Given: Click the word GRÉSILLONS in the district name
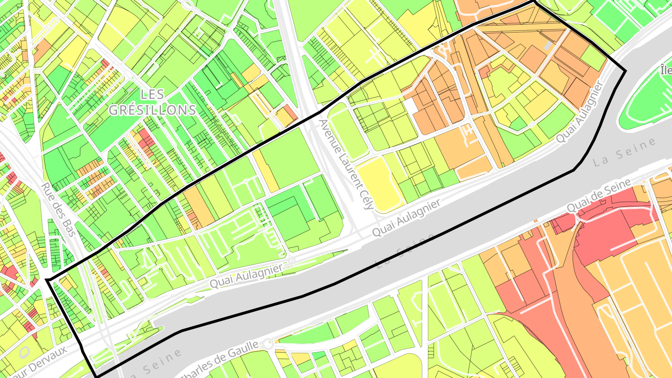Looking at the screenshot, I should [152, 110].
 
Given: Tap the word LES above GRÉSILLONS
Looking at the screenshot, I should [152, 94].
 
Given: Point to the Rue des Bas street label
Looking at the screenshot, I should [58, 209].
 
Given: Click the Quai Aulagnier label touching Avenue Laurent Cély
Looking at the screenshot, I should [406, 218].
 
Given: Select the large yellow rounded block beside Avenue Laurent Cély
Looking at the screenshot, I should [379, 184].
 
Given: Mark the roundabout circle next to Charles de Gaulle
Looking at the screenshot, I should [268, 345].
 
